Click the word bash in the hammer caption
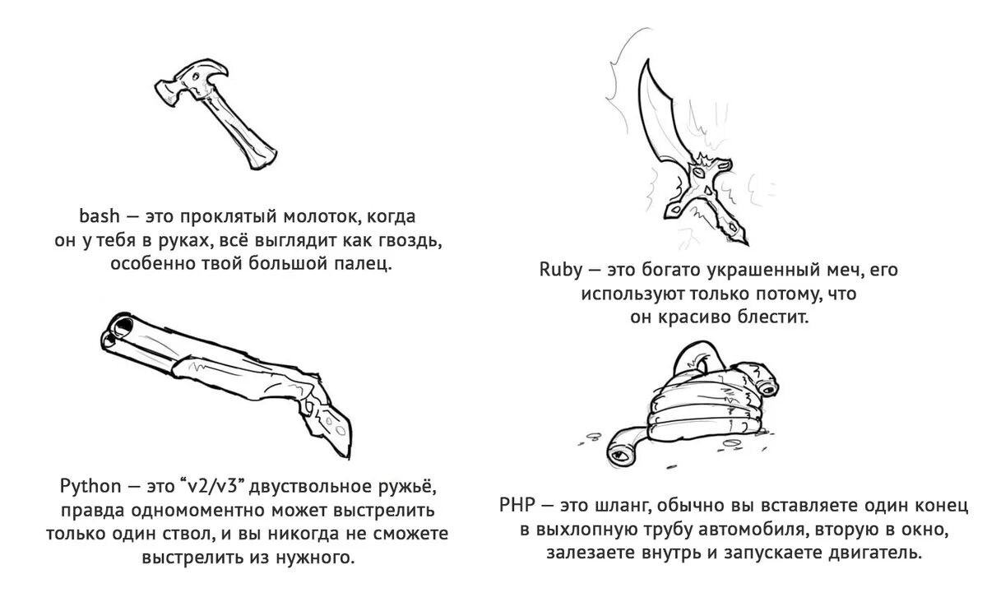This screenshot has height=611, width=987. coord(100,217)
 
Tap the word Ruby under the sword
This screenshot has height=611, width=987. coord(560,270)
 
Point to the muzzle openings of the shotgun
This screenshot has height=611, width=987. coord(116,327)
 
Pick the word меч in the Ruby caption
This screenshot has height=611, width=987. coord(825,270)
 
